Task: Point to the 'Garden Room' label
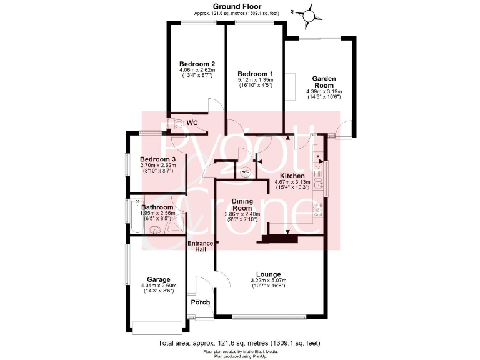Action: tap(324, 82)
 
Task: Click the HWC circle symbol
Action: tap(245, 170)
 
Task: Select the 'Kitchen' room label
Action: tap(292, 176)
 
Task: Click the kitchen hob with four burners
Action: tap(318, 209)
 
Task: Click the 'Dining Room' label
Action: tap(242, 204)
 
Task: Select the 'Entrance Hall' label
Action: tap(201, 246)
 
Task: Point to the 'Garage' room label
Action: tap(159, 279)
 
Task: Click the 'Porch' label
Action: tap(201, 302)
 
